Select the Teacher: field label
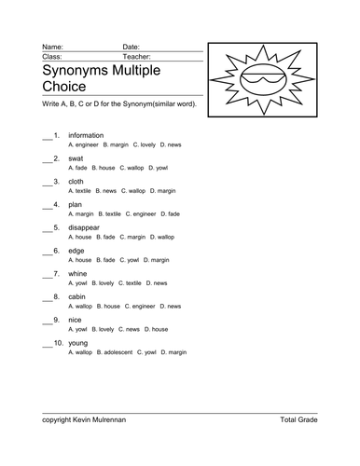click(x=138, y=56)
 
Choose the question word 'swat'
click(x=78, y=158)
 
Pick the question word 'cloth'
click(x=79, y=181)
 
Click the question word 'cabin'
click(x=79, y=296)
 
